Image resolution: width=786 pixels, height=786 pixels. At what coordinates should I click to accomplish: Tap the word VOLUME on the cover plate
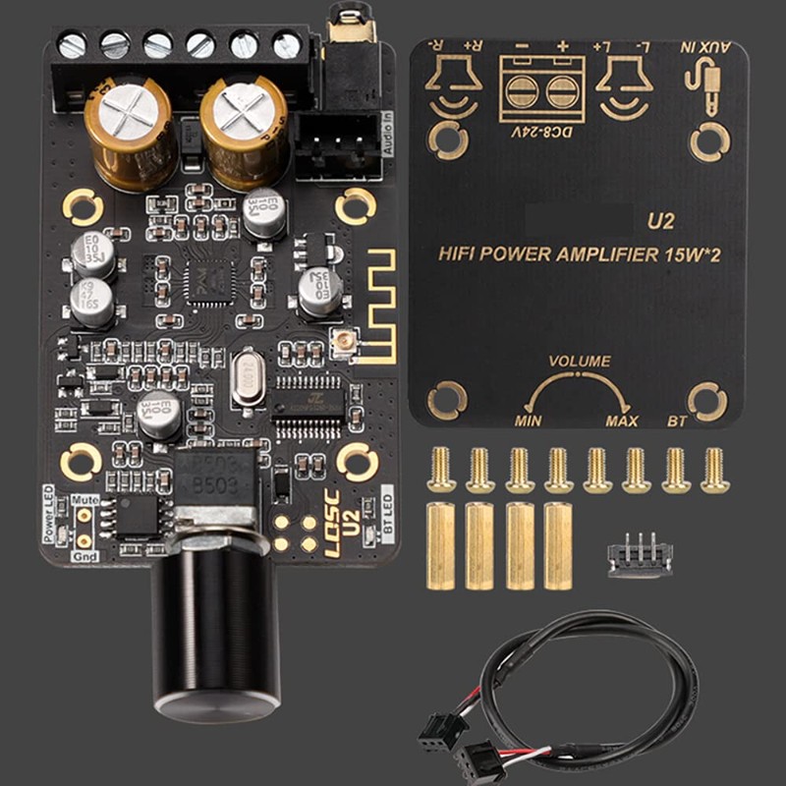[x=580, y=362]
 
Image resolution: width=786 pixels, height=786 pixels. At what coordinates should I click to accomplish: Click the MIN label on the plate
[x=529, y=421]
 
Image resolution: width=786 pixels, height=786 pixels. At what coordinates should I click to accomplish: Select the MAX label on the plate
[x=621, y=421]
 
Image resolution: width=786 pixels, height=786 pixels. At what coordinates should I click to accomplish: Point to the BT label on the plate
[x=677, y=421]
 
